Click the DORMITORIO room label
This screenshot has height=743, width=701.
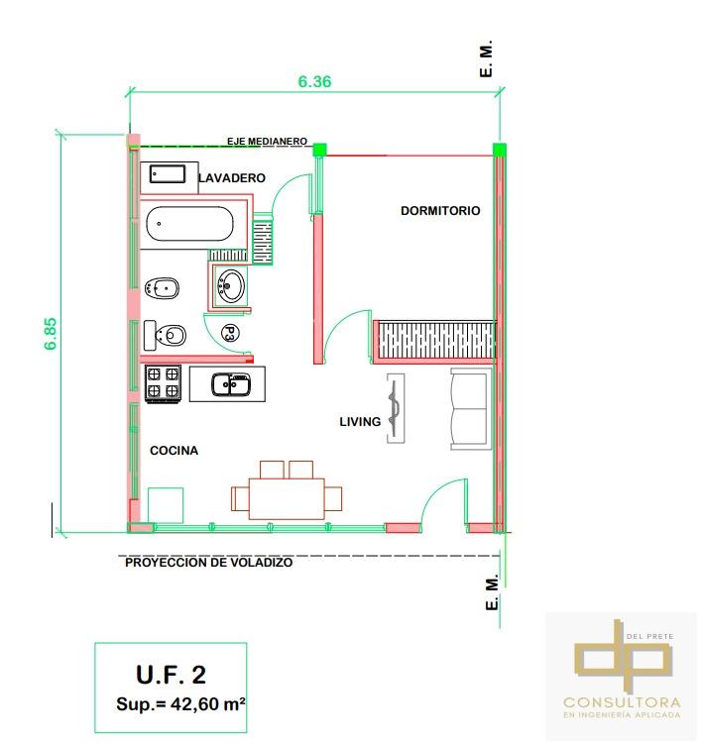(x=440, y=211)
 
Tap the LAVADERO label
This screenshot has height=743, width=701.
(x=232, y=178)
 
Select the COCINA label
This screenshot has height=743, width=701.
(x=175, y=451)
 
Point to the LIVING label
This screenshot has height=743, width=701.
(x=360, y=422)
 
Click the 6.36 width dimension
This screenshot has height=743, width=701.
(x=314, y=81)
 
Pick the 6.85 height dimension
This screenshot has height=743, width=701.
(x=51, y=334)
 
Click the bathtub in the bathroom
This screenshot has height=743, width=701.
(x=189, y=224)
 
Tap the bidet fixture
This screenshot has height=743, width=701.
(x=162, y=288)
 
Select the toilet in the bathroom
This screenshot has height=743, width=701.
(x=165, y=336)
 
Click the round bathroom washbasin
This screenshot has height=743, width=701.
(x=231, y=285)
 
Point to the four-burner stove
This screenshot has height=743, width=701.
(x=163, y=383)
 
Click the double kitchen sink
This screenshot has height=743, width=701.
(x=231, y=384)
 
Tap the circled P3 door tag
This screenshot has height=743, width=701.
(x=230, y=334)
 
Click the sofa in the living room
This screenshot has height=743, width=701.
(x=469, y=409)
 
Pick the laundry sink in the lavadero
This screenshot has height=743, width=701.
(x=168, y=174)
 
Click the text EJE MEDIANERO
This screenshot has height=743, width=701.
(x=267, y=142)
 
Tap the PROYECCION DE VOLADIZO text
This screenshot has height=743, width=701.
(x=208, y=563)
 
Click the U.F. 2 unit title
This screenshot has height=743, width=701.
(x=172, y=675)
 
